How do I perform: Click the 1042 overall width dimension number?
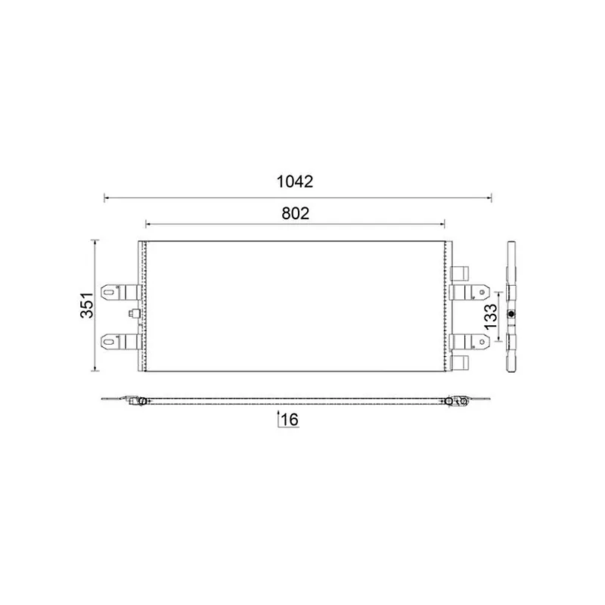point(295,181)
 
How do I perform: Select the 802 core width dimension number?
point(295,213)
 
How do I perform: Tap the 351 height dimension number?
point(87,306)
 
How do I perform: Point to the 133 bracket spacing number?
point(491,316)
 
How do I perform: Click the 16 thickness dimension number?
point(290,420)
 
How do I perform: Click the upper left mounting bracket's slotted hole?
point(108,292)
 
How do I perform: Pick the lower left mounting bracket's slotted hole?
point(108,342)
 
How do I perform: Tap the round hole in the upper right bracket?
point(482,292)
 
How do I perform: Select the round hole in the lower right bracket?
point(482,342)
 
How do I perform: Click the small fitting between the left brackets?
point(134,314)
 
